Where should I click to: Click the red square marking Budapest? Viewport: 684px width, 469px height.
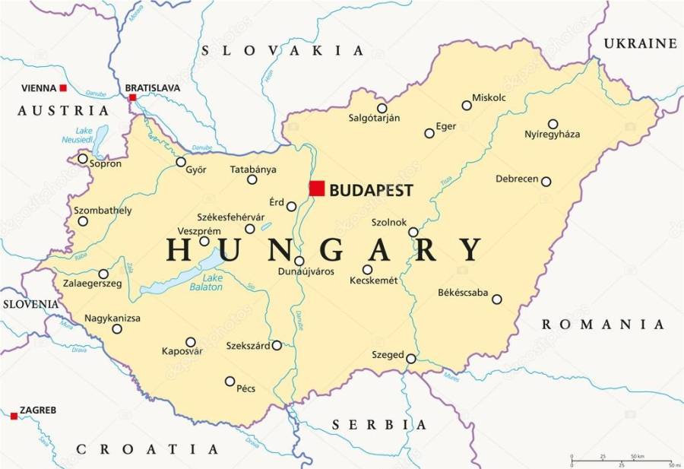tap(317, 189)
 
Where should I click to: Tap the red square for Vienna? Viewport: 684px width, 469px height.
tap(63, 89)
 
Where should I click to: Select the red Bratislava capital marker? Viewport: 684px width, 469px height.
tap(132, 97)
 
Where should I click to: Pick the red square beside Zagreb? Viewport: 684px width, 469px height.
tap(14, 416)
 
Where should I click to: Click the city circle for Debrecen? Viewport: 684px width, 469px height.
tap(546, 182)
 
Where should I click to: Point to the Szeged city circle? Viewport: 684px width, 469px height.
tap(410, 359)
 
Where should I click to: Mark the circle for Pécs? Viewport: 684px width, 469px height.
tap(230, 381)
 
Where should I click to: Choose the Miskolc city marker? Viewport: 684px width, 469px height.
tap(467, 106)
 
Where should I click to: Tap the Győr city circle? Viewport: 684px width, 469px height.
tap(181, 162)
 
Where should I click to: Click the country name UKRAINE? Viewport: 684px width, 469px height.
tap(640, 44)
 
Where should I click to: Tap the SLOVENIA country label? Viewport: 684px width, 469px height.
tap(30, 304)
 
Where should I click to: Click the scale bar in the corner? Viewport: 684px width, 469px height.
tap(620, 460)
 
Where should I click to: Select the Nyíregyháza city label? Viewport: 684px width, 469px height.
tap(552, 135)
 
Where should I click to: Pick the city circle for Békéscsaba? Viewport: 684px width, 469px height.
tap(496, 299)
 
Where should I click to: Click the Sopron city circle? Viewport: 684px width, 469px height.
tap(83, 158)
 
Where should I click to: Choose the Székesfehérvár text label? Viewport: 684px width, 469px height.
tap(226, 216)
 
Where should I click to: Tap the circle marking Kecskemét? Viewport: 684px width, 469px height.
tap(367, 270)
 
